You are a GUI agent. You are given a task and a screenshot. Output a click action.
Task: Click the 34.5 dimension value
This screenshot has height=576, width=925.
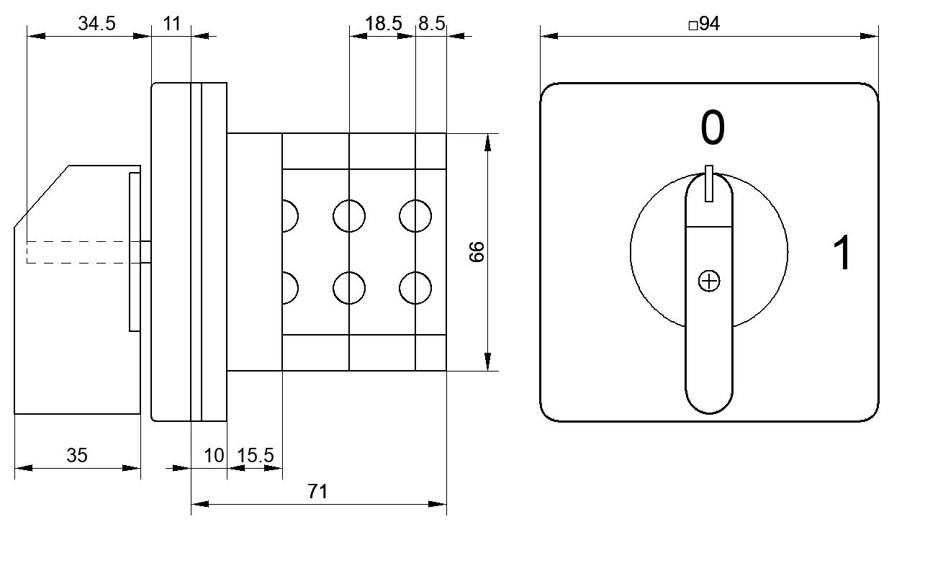[96, 24]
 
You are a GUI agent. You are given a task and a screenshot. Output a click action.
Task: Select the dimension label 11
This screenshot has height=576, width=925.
[172, 24]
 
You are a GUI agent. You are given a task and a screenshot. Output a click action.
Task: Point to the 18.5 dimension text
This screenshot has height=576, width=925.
[383, 24]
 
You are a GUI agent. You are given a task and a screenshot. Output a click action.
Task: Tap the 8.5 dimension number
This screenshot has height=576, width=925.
[431, 24]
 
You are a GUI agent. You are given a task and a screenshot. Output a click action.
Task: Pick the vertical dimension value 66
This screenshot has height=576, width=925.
[477, 252]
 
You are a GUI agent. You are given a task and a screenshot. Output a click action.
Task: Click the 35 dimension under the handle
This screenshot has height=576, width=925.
[77, 456]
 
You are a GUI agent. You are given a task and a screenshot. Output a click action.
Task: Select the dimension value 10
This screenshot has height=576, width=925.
[214, 456]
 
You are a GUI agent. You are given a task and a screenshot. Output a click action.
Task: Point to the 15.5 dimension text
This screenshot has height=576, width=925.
[256, 456]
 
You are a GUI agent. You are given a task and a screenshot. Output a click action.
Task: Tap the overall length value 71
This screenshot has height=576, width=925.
[317, 491]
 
